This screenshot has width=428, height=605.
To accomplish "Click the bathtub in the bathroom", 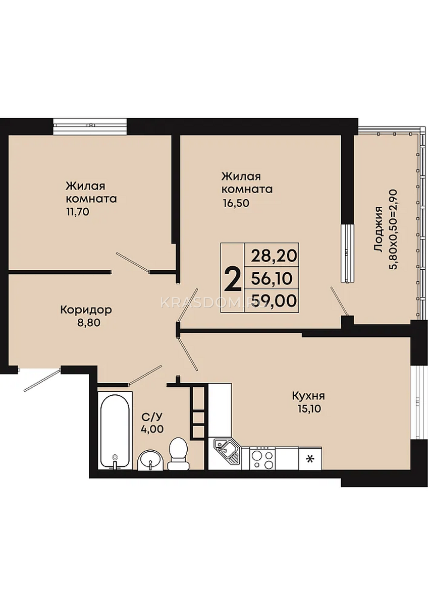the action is click(115, 430).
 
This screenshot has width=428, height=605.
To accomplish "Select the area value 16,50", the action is click(235, 203).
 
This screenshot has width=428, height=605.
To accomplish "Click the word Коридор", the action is click(86, 310).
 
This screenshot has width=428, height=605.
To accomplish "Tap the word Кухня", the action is click(308, 396).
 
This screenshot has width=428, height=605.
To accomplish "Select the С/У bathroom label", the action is click(152, 417).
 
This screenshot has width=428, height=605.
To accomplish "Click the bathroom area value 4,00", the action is click(152, 429).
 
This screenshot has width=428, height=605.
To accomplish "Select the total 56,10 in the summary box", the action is click(272, 278).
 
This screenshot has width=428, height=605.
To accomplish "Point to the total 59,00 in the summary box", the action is click(274, 300).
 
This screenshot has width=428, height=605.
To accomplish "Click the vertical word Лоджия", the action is click(379, 229).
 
